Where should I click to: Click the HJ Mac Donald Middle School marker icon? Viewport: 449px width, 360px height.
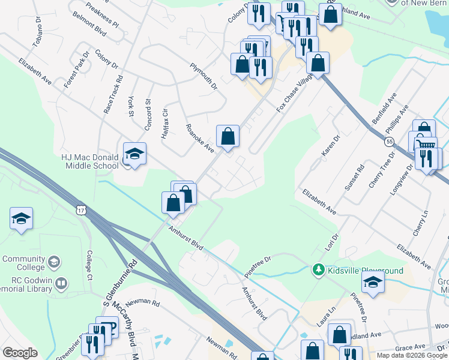(x=134, y=155)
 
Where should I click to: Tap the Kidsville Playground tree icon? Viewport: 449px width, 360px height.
(x=319, y=270)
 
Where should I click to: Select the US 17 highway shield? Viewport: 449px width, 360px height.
(x=82, y=209)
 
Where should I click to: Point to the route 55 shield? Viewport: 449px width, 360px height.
(x=390, y=142)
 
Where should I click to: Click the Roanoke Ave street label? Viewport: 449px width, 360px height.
(x=200, y=138)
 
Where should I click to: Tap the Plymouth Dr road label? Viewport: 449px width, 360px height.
(x=203, y=76)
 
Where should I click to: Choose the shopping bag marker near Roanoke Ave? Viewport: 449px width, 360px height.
(x=228, y=136)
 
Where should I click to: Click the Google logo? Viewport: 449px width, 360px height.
(x=20, y=353)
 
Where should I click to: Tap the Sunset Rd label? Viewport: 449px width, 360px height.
(x=355, y=178)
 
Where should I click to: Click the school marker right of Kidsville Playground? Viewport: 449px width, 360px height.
(x=373, y=282)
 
